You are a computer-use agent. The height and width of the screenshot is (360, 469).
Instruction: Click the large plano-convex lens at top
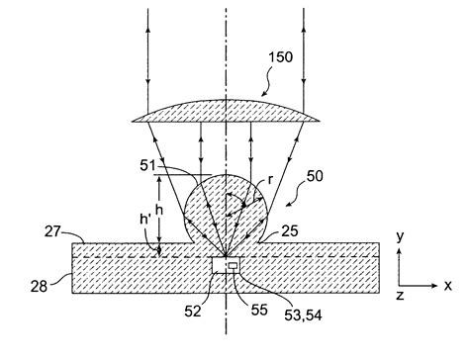pyautogui.click(x=226, y=111)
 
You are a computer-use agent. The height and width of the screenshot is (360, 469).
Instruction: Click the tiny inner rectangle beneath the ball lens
pyautogui.click(x=234, y=266)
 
